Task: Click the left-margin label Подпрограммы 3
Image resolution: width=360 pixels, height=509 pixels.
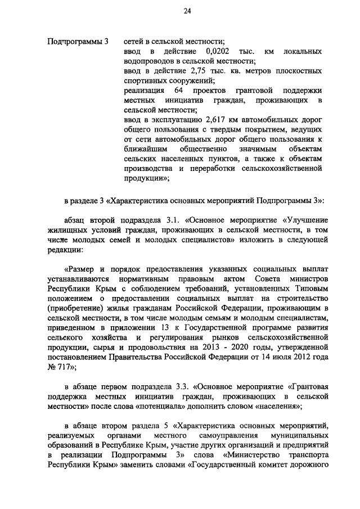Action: click(x=78, y=41)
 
